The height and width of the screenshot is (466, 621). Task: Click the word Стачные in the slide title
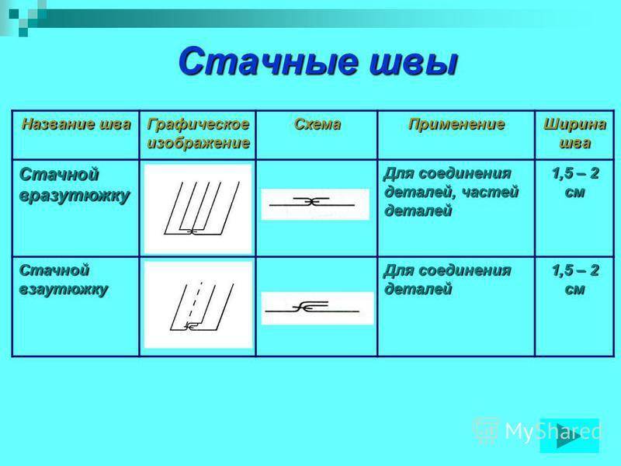point(267,62)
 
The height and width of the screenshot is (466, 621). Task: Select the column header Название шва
point(76,124)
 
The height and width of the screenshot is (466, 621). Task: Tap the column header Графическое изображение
point(198,133)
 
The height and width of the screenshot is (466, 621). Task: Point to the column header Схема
point(317,124)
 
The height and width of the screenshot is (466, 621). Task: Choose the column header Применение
point(456,124)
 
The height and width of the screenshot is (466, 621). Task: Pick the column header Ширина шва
point(574,133)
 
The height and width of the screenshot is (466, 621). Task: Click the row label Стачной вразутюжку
point(75,186)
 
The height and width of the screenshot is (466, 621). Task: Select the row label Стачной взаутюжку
point(64,280)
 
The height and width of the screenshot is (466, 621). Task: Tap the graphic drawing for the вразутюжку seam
point(198,208)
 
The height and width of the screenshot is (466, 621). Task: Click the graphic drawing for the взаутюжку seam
point(201,306)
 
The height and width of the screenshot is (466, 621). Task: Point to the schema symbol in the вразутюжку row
point(312,203)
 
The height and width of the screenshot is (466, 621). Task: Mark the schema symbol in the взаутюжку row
point(312,307)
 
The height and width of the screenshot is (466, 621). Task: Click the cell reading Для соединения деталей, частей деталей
point(451,192)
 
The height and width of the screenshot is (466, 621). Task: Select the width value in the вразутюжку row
point(575,183)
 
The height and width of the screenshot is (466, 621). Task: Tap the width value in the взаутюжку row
point(575,280)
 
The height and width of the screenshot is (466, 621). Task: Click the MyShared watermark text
point(553,431)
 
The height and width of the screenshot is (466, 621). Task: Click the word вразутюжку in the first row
point(75,196)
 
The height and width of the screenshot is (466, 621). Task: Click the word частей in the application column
point(491,192)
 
